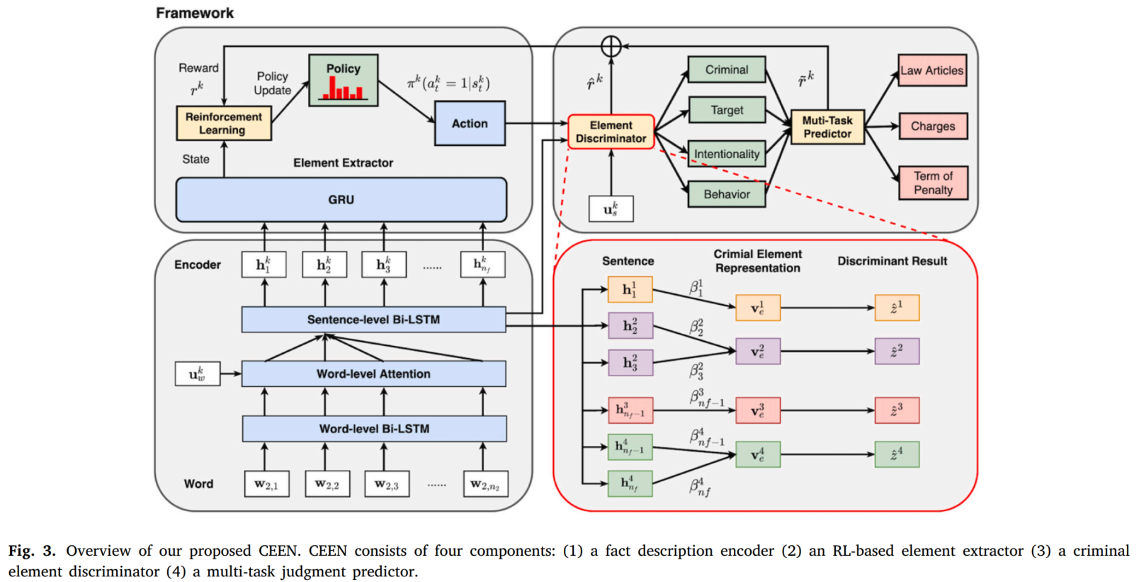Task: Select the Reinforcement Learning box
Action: pyautogui.click(x=223, y=123)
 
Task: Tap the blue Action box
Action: pyautogui.click(x=470, y=123)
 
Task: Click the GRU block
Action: pyautogui.click(x=341, y=200)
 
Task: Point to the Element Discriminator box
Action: pyautogui.click(x=611, y=132)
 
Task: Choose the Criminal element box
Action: pyautogui.click(x=726, y=70)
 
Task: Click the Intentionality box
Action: pyautogui.click(x=726, y=154)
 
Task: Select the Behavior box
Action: pyautogui.click(x=726, y=194)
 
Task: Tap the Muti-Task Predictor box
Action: pyautogui.click(x=827, y=127)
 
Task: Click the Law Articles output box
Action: pyautogui.click(x=931, y=71)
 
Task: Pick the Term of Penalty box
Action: pyautogui.click(x=932, y=183)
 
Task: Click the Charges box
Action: pyautogui.click(x=932, y=126)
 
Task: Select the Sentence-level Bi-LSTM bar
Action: pyautogui.click(x=373, y=320)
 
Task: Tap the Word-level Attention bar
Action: pyautogui.click(x=373, y=374)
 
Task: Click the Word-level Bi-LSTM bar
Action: pyautogui.click(x=374, y=429)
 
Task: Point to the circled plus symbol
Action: pyautogui.click(x=611, y=47)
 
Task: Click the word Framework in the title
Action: pyautogui.click(x=195, y=13)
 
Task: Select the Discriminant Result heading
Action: pyautogui.click(x=892, y=261)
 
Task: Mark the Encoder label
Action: pyautogui.click(x=198, y=264)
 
